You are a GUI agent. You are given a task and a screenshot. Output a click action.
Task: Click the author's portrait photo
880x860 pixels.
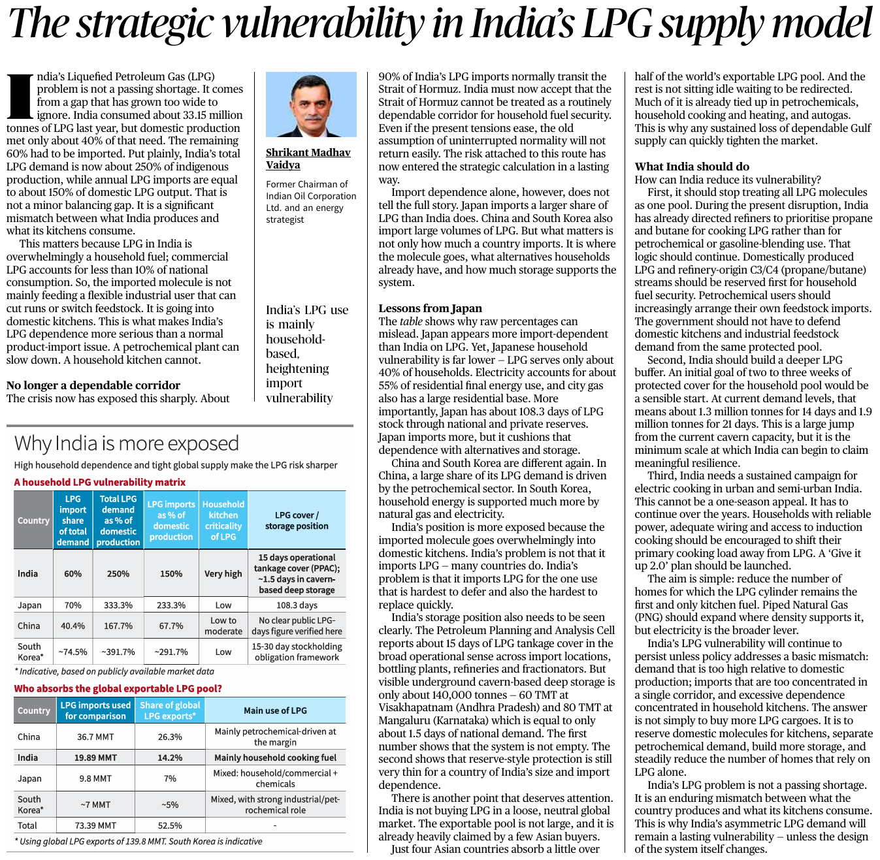click(311, 104)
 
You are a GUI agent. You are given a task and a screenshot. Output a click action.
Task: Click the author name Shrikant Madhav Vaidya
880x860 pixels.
click(308, 159)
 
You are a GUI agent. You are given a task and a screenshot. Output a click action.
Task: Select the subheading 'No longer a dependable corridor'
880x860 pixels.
click(93, 385)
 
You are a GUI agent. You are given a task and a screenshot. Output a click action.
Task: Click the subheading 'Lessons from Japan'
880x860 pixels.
click(430, 308)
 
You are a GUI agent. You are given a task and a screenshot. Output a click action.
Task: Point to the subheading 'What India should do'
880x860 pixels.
click(692, 167)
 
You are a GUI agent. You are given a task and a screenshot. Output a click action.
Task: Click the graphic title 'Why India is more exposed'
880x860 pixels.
click(127, 443)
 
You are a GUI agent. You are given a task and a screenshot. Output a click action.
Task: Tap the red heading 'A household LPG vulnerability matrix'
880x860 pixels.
click(100, 482)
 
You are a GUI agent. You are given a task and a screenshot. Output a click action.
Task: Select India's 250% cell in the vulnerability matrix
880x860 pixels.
click(118, 573)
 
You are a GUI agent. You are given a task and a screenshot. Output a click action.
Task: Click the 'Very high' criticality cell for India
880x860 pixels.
click(223, 573)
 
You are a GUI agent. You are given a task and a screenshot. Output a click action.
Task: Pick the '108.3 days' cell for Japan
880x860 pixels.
click(297, 605)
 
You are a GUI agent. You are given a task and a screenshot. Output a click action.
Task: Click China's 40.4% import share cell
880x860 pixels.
click(73, 626)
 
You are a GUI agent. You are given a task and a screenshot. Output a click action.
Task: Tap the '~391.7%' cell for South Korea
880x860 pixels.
click(118, 652)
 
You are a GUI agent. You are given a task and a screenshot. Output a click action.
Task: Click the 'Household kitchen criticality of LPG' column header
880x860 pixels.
click(223, 520)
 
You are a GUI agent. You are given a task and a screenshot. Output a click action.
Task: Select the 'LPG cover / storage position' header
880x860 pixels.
click(297, 520)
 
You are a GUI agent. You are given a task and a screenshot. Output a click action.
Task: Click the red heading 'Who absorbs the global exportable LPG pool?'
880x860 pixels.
click(118, 688)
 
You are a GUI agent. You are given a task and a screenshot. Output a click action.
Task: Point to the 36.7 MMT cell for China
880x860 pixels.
click(95, 737)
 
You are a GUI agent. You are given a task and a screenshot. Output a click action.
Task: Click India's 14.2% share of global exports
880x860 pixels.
click(170, 757)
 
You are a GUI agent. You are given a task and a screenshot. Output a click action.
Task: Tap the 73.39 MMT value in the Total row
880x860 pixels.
click(95, 825)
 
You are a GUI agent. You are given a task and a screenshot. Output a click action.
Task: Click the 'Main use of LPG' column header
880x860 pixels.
click(275, 710)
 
